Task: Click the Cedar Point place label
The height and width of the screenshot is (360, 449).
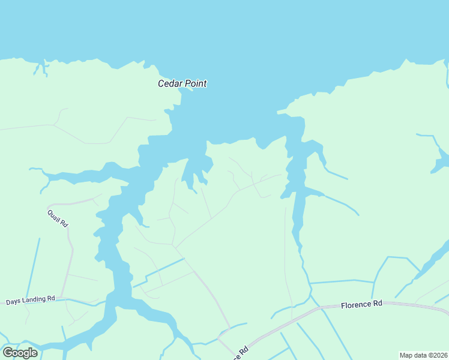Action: click(182, 83)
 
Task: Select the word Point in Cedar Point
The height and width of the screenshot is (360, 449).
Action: click(195, 83)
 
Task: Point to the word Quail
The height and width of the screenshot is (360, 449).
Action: click(55, 215)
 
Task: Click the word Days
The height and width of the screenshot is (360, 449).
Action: click(13, 300)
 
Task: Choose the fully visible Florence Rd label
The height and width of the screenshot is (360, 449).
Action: click(361, 304)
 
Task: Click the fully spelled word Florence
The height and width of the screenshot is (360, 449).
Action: click(356, 304)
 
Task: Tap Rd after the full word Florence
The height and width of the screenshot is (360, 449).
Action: click(378, 304)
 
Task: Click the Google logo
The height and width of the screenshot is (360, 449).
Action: click(20, 353)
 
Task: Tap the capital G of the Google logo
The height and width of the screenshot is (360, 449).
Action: click(8, 352)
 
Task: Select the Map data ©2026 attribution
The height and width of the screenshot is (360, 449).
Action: click(423, 355)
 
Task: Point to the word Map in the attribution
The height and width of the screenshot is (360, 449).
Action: click(407, 355)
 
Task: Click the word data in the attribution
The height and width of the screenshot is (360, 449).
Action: click(421, 355)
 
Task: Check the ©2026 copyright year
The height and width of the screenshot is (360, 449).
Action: click(438, 355)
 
